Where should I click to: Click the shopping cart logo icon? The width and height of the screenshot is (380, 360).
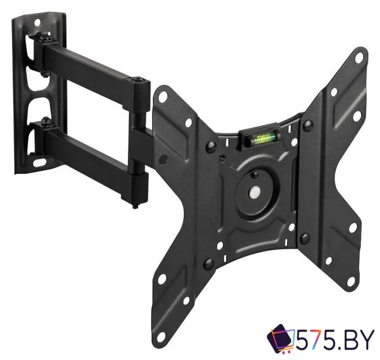pyautogui.click(x=281, y=337)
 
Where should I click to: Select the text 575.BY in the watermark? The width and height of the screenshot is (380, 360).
pyautogui.click(x=336, y=338)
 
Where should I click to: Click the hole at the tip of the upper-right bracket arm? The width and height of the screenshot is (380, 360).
pyautogui.click(x=359, y=57)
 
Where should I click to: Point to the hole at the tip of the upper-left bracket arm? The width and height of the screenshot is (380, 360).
pyautogui.click(x=163, y=96)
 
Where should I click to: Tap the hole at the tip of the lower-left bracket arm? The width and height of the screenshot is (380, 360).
pyautogui.click(x=161, y=336)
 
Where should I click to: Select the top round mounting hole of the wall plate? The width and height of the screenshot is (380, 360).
pyautogui.click(x=37, y=22)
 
